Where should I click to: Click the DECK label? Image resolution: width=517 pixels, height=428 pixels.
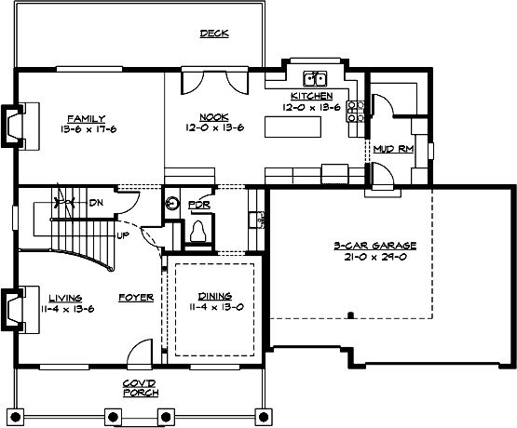pyautogui.click(x=214, y=34)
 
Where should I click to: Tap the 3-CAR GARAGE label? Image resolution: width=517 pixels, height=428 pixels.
pyautogui.click(x=374, y=246)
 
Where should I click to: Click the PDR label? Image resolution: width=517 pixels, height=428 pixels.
pyautogui.click(x=198, y=204)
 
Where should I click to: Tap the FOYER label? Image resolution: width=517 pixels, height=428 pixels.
pyautogui.click(x=136, y=298)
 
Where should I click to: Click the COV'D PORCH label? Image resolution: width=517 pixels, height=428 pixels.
pyautogui.click(x=140, y=388)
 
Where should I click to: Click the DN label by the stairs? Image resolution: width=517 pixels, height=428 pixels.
pyautogui.click(x=96, y=202)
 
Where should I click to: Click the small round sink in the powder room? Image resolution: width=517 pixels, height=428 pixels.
pyautogui.click(x=172, y=203)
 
